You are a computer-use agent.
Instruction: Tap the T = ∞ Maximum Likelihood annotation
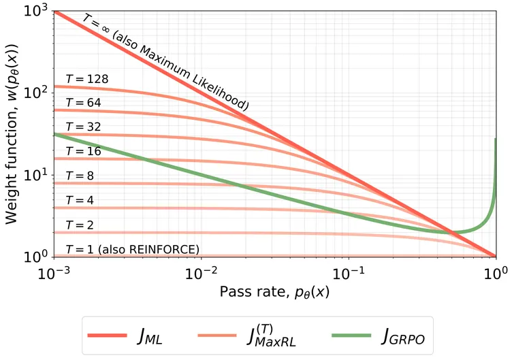[167, 61]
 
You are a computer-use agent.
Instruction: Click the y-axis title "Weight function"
[13, 133]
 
